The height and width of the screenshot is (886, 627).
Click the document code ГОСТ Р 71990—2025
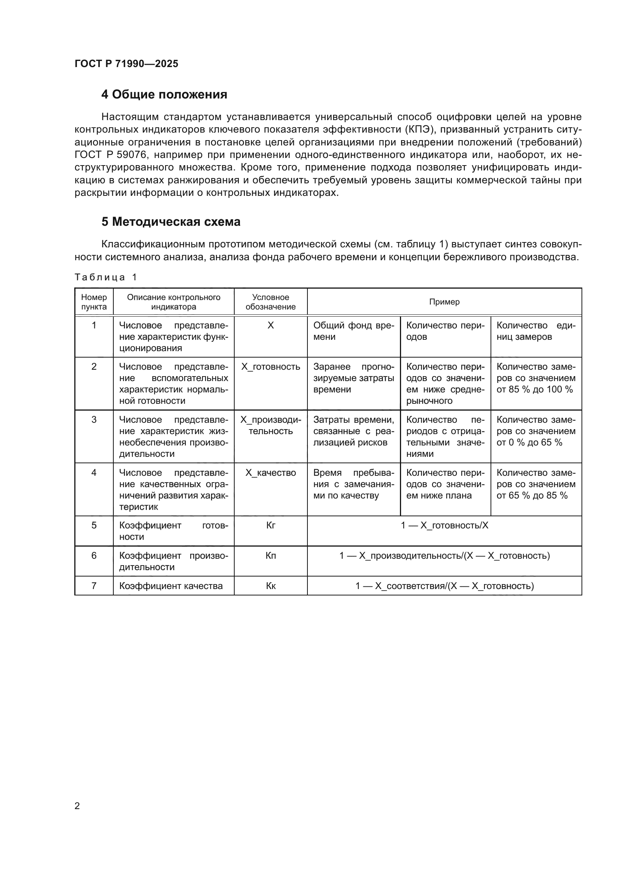(x=126, y=64)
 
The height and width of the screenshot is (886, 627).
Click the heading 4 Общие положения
(x=164, y=95)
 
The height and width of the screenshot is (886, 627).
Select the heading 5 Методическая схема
(x=171, y=222)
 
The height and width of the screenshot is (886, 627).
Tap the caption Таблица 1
(x=105, y=277)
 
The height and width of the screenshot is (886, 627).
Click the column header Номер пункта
(x=94, y=302)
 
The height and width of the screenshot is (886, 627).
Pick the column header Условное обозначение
(x=270, y=302)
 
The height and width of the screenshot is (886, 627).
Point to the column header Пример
(x=444, y=302)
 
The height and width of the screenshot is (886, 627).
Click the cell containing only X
(x=270, y=325)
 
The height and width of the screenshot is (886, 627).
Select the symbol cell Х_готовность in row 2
(x=270, y=367)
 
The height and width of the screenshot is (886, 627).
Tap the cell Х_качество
(x=270, y=473)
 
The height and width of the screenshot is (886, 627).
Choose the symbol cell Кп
(x=270, y=556)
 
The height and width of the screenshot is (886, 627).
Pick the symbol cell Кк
(x=270, y=586)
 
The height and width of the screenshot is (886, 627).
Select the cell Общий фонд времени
(x=353, y=331)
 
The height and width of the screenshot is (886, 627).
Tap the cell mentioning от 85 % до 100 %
(x=536, y=378)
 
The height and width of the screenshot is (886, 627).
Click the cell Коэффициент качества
(x=171, y=586)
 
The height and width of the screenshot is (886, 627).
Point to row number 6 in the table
(x=94, y=556)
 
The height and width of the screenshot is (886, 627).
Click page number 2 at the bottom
(x=77, y=806)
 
